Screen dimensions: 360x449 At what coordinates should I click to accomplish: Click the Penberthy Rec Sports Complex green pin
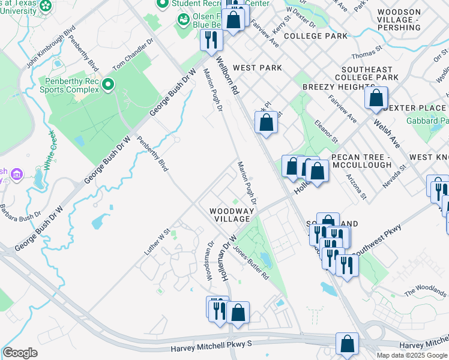pyautogui.click(x=108, y=85)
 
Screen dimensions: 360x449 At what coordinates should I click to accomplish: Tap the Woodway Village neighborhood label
pyautogui.click(x=229, y=215)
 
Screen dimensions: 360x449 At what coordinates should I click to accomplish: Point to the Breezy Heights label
pyautogui.click(x=331, y=87)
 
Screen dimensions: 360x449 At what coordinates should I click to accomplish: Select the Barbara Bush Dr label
pyautogui.click(x=20, y=214)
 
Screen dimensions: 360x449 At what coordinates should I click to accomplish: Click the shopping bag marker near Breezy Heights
pyautogui.click(x=376, y=98)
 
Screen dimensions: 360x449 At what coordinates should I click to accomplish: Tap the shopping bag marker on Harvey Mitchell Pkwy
pyautogui.click(x=347, y=344)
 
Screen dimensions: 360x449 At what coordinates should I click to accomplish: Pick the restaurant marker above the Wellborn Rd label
pyautogui.click(x=211, y=40)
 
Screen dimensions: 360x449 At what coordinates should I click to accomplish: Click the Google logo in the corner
pyautogui.click(x=20, y=353)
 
